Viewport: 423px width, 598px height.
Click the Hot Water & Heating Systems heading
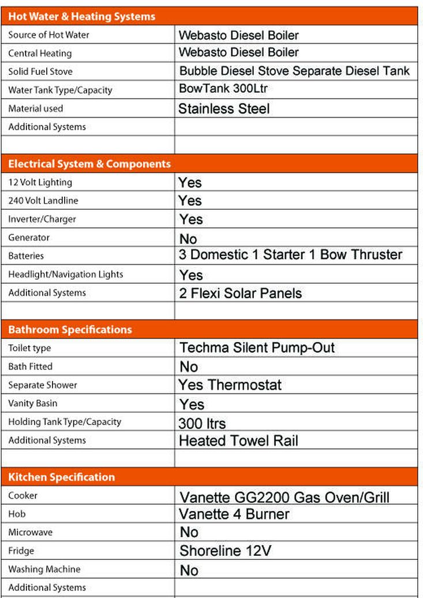click(x=81, y=17)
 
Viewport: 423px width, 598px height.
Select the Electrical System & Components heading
click(x=89, y=164)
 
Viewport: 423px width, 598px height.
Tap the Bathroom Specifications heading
click(x=70, y=330)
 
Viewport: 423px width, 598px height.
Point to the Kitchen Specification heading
click(x=61, y=477)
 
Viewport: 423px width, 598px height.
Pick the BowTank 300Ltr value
click(x=223, y=89)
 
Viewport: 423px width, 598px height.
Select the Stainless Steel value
click(x=224, y=108)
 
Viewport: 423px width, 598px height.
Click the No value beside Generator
click(x=188, y=239)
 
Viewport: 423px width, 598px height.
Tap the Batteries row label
click(x=26, y=256)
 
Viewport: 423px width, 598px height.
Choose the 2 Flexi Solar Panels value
click(x=240, y=293)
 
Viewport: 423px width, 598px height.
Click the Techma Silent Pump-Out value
click(x=257, y=348)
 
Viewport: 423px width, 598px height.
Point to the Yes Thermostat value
click(x=230, y=385)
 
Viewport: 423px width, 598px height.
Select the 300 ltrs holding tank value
click(x=202, y=423)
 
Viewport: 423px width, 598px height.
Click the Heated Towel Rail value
click(x=238, y=441)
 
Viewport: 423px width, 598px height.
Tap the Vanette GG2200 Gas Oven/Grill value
click(x=285, y=497)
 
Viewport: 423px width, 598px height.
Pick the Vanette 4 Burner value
click(x=234, y=514)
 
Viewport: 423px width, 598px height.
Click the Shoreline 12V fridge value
click(x=225, y=551)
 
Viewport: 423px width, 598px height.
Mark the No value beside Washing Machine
click(x=189, y=570)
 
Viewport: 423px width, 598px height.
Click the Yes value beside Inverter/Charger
click(x=191, y=219)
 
